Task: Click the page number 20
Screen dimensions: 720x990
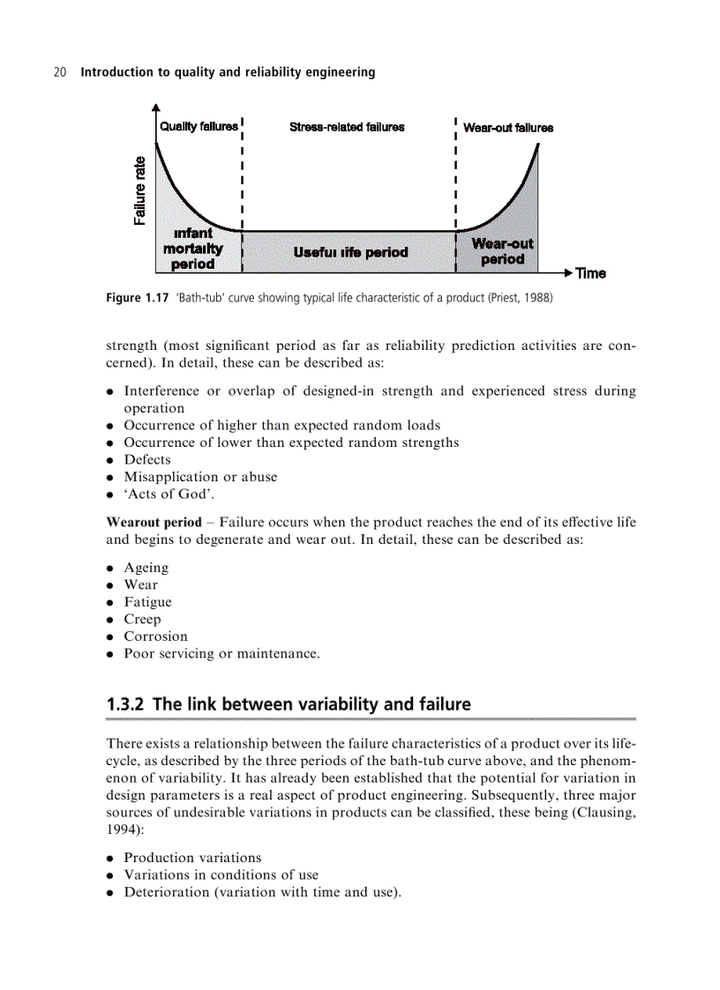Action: point(60,72)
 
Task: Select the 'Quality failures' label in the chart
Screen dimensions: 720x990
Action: point(199,127)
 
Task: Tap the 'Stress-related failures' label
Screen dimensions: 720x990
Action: point(347,127)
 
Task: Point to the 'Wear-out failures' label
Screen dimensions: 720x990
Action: point(508,127)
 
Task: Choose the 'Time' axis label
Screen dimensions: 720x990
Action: point(590,273)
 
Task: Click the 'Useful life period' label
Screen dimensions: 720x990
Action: point(350,252)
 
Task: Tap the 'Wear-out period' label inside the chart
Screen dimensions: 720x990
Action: point(502,251)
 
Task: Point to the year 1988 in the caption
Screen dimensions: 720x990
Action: point(535,298)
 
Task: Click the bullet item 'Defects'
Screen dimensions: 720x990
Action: point(147,459)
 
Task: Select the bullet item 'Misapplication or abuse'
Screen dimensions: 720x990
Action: point(200,477)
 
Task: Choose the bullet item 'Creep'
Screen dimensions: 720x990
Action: point(142,619)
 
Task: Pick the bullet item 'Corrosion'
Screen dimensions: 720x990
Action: point(155,636)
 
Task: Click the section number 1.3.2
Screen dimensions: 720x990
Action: point(125,704)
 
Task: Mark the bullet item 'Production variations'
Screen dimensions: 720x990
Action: point(192,857)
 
